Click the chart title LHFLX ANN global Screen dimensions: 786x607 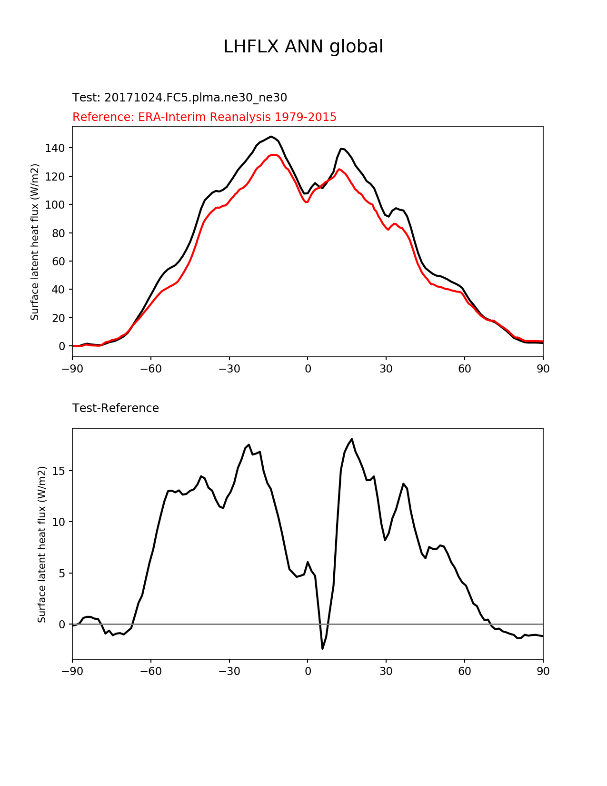303,47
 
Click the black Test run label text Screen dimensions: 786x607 179,98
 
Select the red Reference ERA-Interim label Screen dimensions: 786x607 204,117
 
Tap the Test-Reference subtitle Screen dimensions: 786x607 116,408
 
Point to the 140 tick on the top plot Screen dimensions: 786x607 55,148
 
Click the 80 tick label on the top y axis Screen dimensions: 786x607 59,233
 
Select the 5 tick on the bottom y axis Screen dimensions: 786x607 61,573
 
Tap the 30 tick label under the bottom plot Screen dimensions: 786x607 386,672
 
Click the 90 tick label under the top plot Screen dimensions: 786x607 543,369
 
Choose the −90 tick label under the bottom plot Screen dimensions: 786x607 72,672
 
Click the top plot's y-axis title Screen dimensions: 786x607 35,242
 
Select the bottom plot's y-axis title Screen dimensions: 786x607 42,544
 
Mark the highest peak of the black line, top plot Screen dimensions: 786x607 271,137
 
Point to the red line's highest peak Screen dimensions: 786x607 274,154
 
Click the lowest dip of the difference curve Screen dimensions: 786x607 322,648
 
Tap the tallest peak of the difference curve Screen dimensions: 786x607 352,439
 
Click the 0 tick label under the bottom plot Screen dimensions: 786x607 308,672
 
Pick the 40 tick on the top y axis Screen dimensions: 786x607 59,290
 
